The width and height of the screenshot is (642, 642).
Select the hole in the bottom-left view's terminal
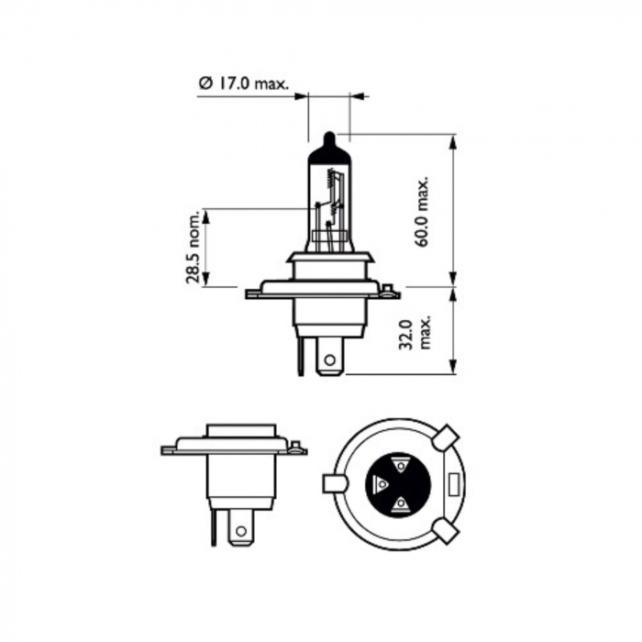click(240, 530)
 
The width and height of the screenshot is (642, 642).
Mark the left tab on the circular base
click(333, 482)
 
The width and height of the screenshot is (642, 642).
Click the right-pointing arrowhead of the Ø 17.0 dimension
click(302, 94)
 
